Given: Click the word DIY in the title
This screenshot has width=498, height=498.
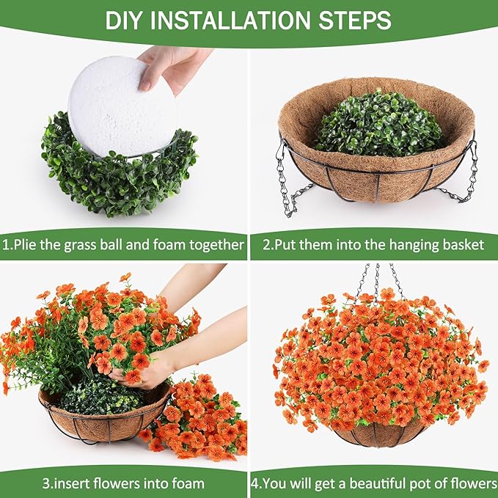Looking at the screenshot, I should pyautogui.click(x=126, y=20).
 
